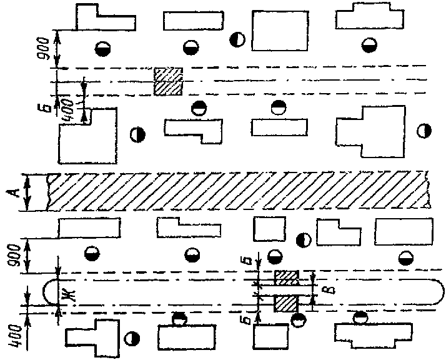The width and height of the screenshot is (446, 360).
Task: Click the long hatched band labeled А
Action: pyautogui.click(x=237, y=191)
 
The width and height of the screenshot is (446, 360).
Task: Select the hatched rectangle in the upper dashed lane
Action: pyautogui.click(x=168, y=82)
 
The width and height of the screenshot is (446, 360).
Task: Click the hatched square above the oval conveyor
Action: pyautogui.click(x=287, y=276)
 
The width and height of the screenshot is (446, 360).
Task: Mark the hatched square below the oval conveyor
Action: pyautogui.click(x=285, y=303)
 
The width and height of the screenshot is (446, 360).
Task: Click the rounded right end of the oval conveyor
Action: pyautogui.click(x=430, y=291)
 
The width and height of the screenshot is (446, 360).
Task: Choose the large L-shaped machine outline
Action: pyautogui.click(x=87, y=134)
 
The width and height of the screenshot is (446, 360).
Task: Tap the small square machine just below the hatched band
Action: pyautogui.click(x=269, y=228)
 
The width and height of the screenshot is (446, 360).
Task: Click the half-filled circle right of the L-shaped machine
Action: pyautogui.click(x=137, y=134)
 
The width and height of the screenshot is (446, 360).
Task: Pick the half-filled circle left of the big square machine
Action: pyautogui.click(x=237, y=40)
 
